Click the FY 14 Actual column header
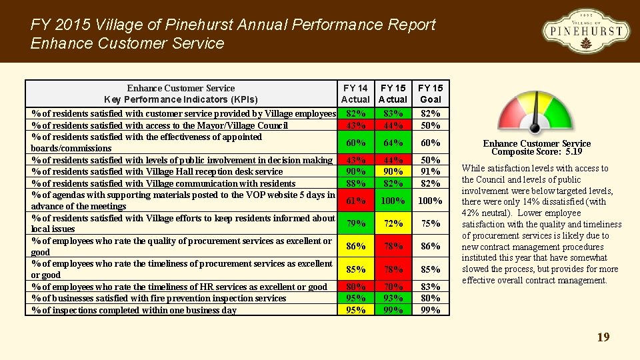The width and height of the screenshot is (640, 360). pos(355,93)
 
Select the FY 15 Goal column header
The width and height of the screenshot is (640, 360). pos(430,93)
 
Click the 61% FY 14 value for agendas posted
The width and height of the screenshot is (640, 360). pos(355,201)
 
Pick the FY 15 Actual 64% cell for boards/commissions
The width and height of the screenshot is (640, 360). pos(393,143)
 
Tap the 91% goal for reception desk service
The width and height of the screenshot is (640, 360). pos(430,171)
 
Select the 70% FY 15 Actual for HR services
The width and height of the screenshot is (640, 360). pos(393,287)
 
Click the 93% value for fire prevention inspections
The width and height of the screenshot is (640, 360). pos(393,298)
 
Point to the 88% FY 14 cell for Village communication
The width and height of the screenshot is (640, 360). pos(355,183)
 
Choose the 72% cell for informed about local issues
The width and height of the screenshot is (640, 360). pos(393,223)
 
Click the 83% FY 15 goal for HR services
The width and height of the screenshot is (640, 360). pos(430,287)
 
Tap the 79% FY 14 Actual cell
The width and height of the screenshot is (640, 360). pos(355,223)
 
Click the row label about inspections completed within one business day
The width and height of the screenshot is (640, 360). pos(133,310)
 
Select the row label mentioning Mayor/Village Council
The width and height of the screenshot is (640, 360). pos(160,125)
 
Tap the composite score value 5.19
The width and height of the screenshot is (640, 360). pos(573,152)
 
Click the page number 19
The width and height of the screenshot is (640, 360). pos(603,337)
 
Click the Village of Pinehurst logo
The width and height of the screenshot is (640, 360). pos(585,31)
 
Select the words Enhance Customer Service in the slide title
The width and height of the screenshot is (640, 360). pos(127,44)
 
